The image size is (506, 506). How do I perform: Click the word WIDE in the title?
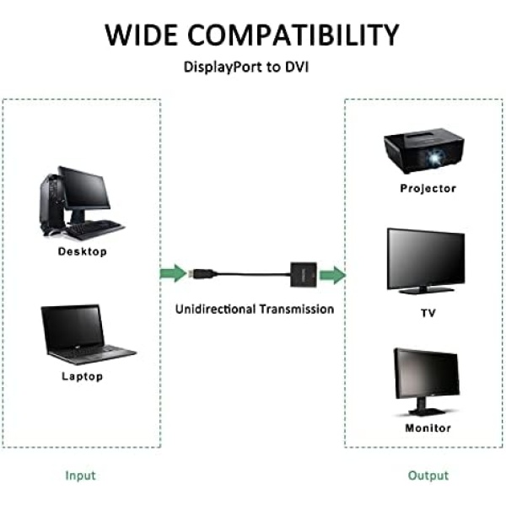(142, 35)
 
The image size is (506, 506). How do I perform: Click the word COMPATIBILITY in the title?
(293, 35)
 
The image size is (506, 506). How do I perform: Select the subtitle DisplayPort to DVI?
(246, 67)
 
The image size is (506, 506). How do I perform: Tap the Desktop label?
(83, 251)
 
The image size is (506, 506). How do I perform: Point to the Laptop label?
(83, 376)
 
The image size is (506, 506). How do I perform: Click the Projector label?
(428, 188)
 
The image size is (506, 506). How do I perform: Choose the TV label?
(428, 313)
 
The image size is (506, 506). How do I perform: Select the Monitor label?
(428, 428)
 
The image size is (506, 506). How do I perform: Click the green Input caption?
(80, 476)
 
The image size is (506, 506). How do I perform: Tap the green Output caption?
(428, 476)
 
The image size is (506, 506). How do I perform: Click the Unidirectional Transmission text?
(255, 310)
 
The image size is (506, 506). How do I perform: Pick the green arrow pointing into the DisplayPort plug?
(173, 273)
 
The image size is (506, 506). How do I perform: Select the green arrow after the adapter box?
(333, 275)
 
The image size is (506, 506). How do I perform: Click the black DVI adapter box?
(304, 275)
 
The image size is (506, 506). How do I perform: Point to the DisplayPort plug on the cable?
(202, 273)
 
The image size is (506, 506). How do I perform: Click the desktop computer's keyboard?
(95, 229)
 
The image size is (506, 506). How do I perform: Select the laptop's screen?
(73, 327)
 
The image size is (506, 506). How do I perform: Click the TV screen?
(426, 258)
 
